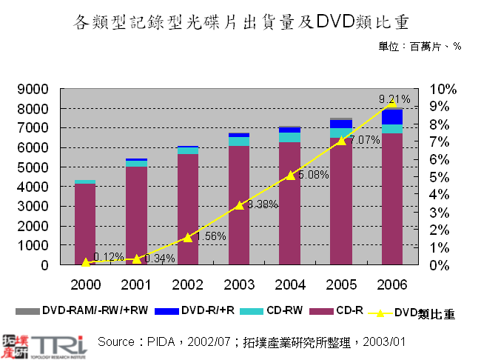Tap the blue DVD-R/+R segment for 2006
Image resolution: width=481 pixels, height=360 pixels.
[392, 117]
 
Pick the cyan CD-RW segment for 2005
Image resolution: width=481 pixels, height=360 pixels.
[340, 133]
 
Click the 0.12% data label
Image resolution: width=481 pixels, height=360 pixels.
[109, 257]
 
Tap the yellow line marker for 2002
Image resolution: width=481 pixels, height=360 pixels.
[187, 238]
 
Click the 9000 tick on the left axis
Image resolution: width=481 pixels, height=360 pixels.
[34, 89]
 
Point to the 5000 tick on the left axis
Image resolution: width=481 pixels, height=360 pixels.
[34, 167]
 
